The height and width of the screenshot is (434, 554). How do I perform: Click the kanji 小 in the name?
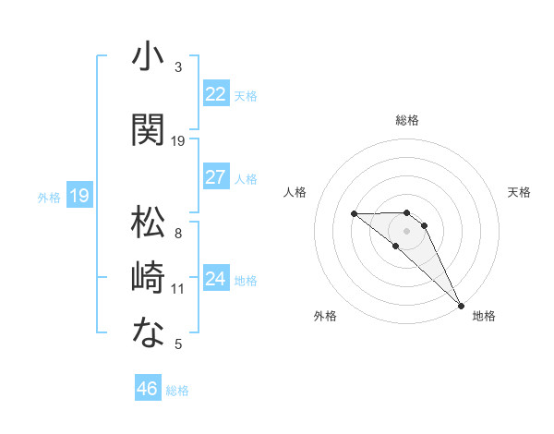[x=148, y=57]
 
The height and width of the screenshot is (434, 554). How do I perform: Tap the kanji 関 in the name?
[x=148, y=128]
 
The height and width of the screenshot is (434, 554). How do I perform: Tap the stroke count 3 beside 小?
[x=178, y=67]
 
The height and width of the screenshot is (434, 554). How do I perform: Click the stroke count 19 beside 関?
[x=178, y=141]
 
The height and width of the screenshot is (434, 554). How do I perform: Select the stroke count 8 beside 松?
[x=178, y=234]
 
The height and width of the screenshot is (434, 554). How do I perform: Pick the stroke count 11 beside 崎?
[x=178, y=289]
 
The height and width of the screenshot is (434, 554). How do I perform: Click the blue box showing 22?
[x=215, y=94]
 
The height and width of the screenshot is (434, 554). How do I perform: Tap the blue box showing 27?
[x=215, y=177]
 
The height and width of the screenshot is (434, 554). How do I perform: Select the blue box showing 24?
[x=215, y=279]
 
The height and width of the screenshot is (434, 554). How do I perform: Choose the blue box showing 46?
[x=148, y=389]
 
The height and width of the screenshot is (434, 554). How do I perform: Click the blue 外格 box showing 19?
[x=79, y=196]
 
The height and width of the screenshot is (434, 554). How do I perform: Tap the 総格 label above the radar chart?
[x=407, y=120]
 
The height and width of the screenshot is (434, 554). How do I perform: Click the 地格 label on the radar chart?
[x=484, y=316]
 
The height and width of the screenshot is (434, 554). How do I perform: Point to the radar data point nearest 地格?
[x=461, y=306]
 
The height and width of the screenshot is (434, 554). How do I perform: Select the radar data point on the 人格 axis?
[x=354, y=214]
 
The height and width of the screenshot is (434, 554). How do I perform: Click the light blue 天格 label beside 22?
[x=246, y=95]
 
